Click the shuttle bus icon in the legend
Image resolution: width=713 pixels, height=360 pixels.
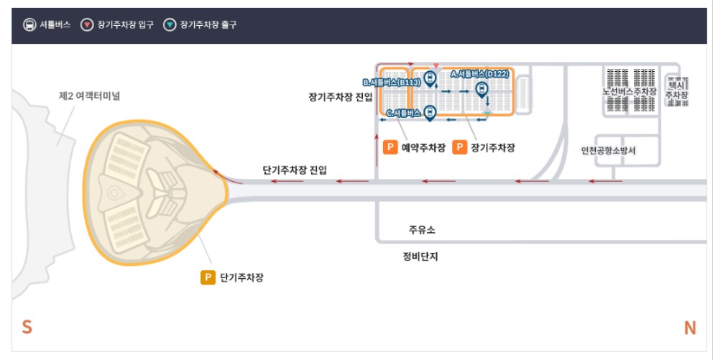[29, 25]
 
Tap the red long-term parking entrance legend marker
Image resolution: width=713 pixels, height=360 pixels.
[87, 25]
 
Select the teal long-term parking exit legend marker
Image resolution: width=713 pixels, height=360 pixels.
[170, 25]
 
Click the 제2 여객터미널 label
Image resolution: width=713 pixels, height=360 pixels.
[89, 96]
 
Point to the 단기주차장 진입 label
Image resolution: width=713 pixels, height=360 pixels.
[294, 170]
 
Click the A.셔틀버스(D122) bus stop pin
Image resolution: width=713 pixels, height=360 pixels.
[482, 88]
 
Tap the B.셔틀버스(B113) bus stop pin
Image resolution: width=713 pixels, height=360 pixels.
[430, 78]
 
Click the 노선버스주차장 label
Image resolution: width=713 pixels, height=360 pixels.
[630, 92]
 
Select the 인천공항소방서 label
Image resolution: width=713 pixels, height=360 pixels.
[608, 151]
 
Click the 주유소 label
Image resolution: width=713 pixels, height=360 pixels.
[422, 231]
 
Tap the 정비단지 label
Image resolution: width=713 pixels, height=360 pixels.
[420, 257]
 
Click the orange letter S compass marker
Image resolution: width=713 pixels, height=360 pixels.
[27, 328]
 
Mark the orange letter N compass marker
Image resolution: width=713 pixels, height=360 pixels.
[689, 328]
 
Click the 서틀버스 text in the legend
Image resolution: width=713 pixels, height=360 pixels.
[55, 25]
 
